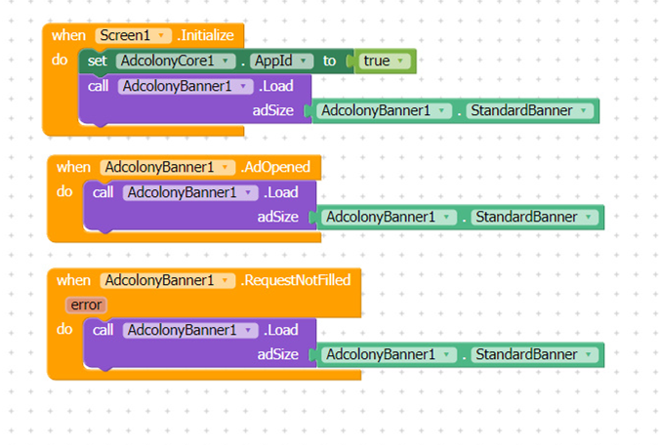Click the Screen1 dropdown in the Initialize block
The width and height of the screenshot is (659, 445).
pos(133,35)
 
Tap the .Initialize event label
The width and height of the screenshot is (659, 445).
pos(206,35)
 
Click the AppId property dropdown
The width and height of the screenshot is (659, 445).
pos(281,61)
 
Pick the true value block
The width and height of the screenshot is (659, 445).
pos(385,61)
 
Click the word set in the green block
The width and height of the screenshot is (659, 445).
pos(97,61)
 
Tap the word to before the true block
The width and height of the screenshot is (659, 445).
pos(330,61)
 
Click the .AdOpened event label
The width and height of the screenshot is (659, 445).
pos(275,167)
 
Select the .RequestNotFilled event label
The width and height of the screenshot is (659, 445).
pos(296,280)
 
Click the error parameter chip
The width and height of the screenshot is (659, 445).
pos(86,304)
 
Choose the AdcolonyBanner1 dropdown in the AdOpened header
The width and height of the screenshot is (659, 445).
pos(167,167)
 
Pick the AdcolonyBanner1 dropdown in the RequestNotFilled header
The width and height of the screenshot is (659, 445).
pos(167,280)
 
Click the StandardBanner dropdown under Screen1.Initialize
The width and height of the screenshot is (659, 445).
pos(529,110)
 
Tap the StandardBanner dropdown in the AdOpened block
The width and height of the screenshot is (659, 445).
pos(535,217)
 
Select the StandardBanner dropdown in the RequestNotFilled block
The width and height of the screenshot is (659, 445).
pos(535,354)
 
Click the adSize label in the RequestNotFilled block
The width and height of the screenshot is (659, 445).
pos(278,354)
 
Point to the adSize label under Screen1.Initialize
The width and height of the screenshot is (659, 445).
pos(272,110)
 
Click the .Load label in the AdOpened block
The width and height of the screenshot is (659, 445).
pos(281,192)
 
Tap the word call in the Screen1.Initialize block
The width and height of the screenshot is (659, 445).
pos(98,86)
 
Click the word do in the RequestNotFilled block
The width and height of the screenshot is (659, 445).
pos(64,329)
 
